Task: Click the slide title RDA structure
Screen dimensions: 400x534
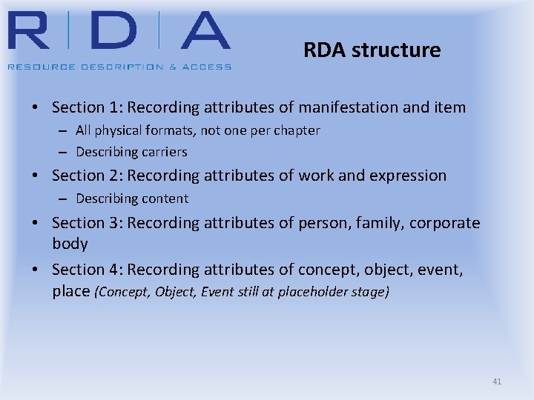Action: (372, 50)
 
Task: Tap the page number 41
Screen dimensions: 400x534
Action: (497, 381)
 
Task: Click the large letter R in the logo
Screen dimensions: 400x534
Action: (33, 32)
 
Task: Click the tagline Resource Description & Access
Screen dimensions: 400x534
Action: (119, 67)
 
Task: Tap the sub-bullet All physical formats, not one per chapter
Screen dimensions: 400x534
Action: (197, 130)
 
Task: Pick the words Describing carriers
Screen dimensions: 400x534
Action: (131, 152)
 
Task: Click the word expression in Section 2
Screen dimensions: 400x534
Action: (408, 176)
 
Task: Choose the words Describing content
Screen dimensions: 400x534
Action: (132, 199)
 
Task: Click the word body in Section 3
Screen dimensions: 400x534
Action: (70, 244)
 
